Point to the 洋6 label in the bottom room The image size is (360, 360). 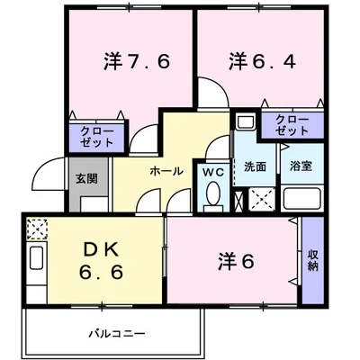(237, 262)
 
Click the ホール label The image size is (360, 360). (166, 171)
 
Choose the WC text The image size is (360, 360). (213, 170)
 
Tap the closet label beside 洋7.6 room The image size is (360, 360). (97, 136)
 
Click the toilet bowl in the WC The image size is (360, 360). (213, 193)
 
